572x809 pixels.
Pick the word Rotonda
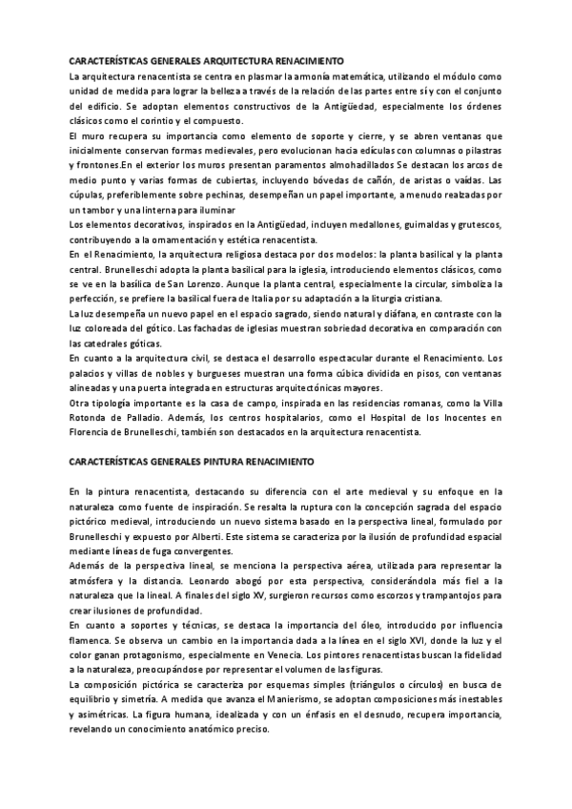point(92,418)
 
